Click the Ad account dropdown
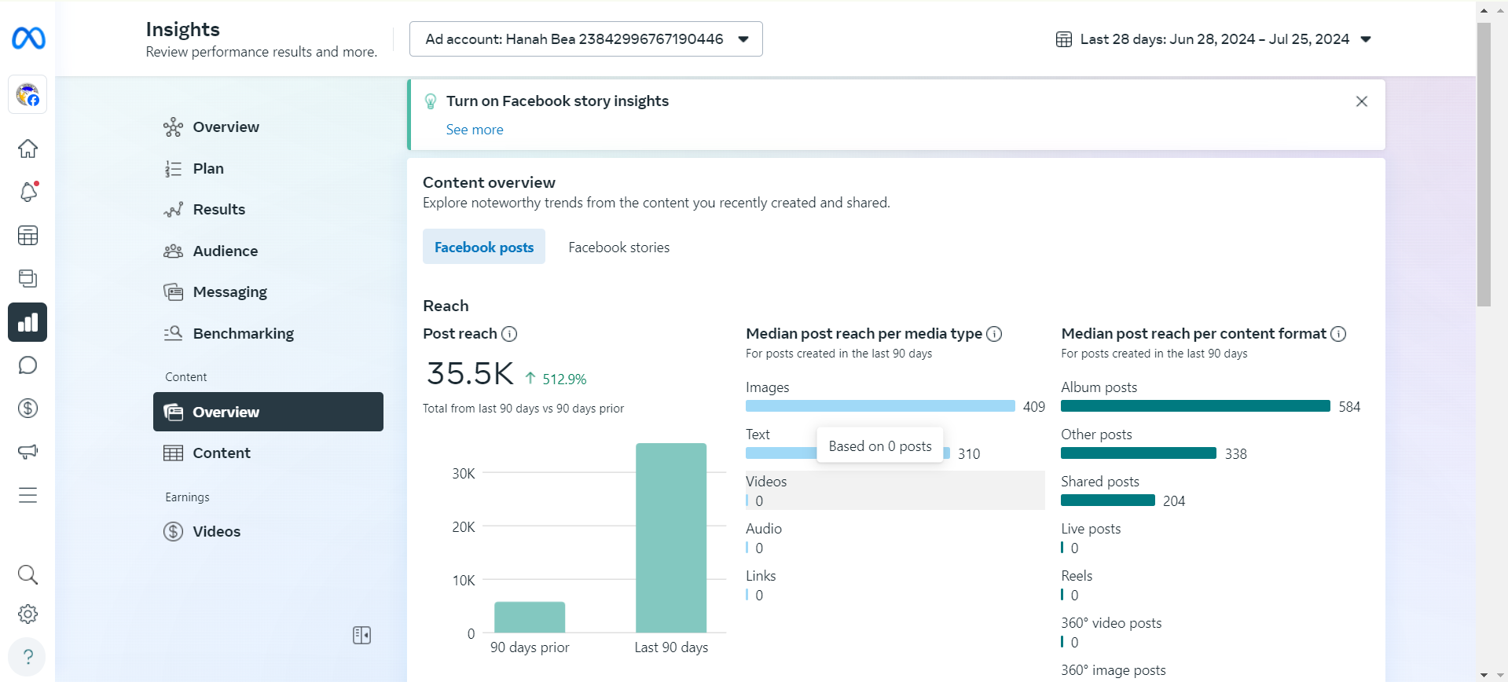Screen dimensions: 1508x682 pyautogui.click(x=585, y=39)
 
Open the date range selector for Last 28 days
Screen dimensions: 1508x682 pyautogui.click(x=1213, y=39)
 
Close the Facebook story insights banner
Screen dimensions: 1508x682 pyautogui.click(x=1362, y=101)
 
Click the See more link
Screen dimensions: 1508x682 pyautogui.click(x=475, y=130)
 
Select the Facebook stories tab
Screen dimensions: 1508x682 pyautogui.click(x=619, y=247)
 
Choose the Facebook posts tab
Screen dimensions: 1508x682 pyautogui.click(x=484, y=247)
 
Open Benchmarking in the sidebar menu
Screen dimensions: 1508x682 pyautogui.click(x=244, y=334)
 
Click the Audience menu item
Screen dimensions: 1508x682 pyautogui.click(x=226, y=251)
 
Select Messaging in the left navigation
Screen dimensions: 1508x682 pyautogui.click(x=230, y=292)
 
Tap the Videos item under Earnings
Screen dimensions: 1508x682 pyautogui.click(x=217, y=532)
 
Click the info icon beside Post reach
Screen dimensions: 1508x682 pyautogui.click(x=509, y=334)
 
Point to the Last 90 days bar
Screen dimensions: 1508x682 pyautogui.click(x=671, y=538)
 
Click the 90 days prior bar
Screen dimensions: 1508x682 pyautogui.click(x=530, y=618)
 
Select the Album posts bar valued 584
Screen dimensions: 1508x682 pyautogui.click(x=1195, y=406)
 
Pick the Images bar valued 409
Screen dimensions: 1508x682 pyautogui.click(x=880, y=406)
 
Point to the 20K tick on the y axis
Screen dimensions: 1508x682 pyautogui.click(x=464, y=527)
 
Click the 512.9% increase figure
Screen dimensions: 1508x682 pyautogui.click(x=564, y=379)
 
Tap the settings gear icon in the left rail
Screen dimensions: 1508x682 pyautogui.click(x=28, y=614)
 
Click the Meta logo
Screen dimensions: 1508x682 pyautogui.click(x=28, y=38)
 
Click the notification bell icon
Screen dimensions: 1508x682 pyautogui.click(x=28, y=192)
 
